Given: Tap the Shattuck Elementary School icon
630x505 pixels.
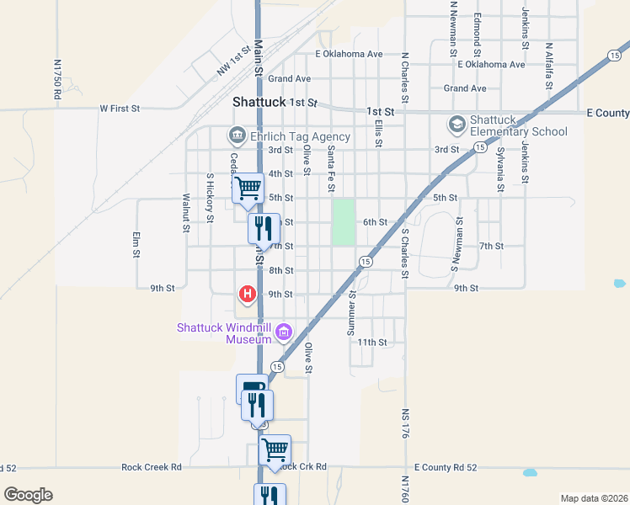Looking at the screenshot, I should coord(456,125).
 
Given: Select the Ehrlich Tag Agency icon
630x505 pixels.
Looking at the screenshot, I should coord(237,136).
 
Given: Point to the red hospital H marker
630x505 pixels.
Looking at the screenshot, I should coord(248,294).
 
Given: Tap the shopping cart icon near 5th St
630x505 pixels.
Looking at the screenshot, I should coord(248,187).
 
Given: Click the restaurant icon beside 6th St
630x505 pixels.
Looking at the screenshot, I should coord(264,226).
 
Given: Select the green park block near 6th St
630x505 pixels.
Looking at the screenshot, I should coord(343,222).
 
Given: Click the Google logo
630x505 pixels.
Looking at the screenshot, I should coord(28,495).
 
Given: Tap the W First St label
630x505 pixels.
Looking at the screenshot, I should coord(119,109).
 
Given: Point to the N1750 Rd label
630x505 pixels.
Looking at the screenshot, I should coord(57,80).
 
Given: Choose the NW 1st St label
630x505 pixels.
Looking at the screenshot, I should coord(234,61).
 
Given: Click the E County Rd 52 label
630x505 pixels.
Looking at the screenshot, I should coord(446,467).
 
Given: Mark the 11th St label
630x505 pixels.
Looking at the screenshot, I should coord(371,343).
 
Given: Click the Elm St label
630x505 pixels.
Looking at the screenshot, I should coord(135,244).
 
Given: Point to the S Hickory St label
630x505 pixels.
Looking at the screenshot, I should coord(210,199).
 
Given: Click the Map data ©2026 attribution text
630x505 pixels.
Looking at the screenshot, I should coord(594,498).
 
